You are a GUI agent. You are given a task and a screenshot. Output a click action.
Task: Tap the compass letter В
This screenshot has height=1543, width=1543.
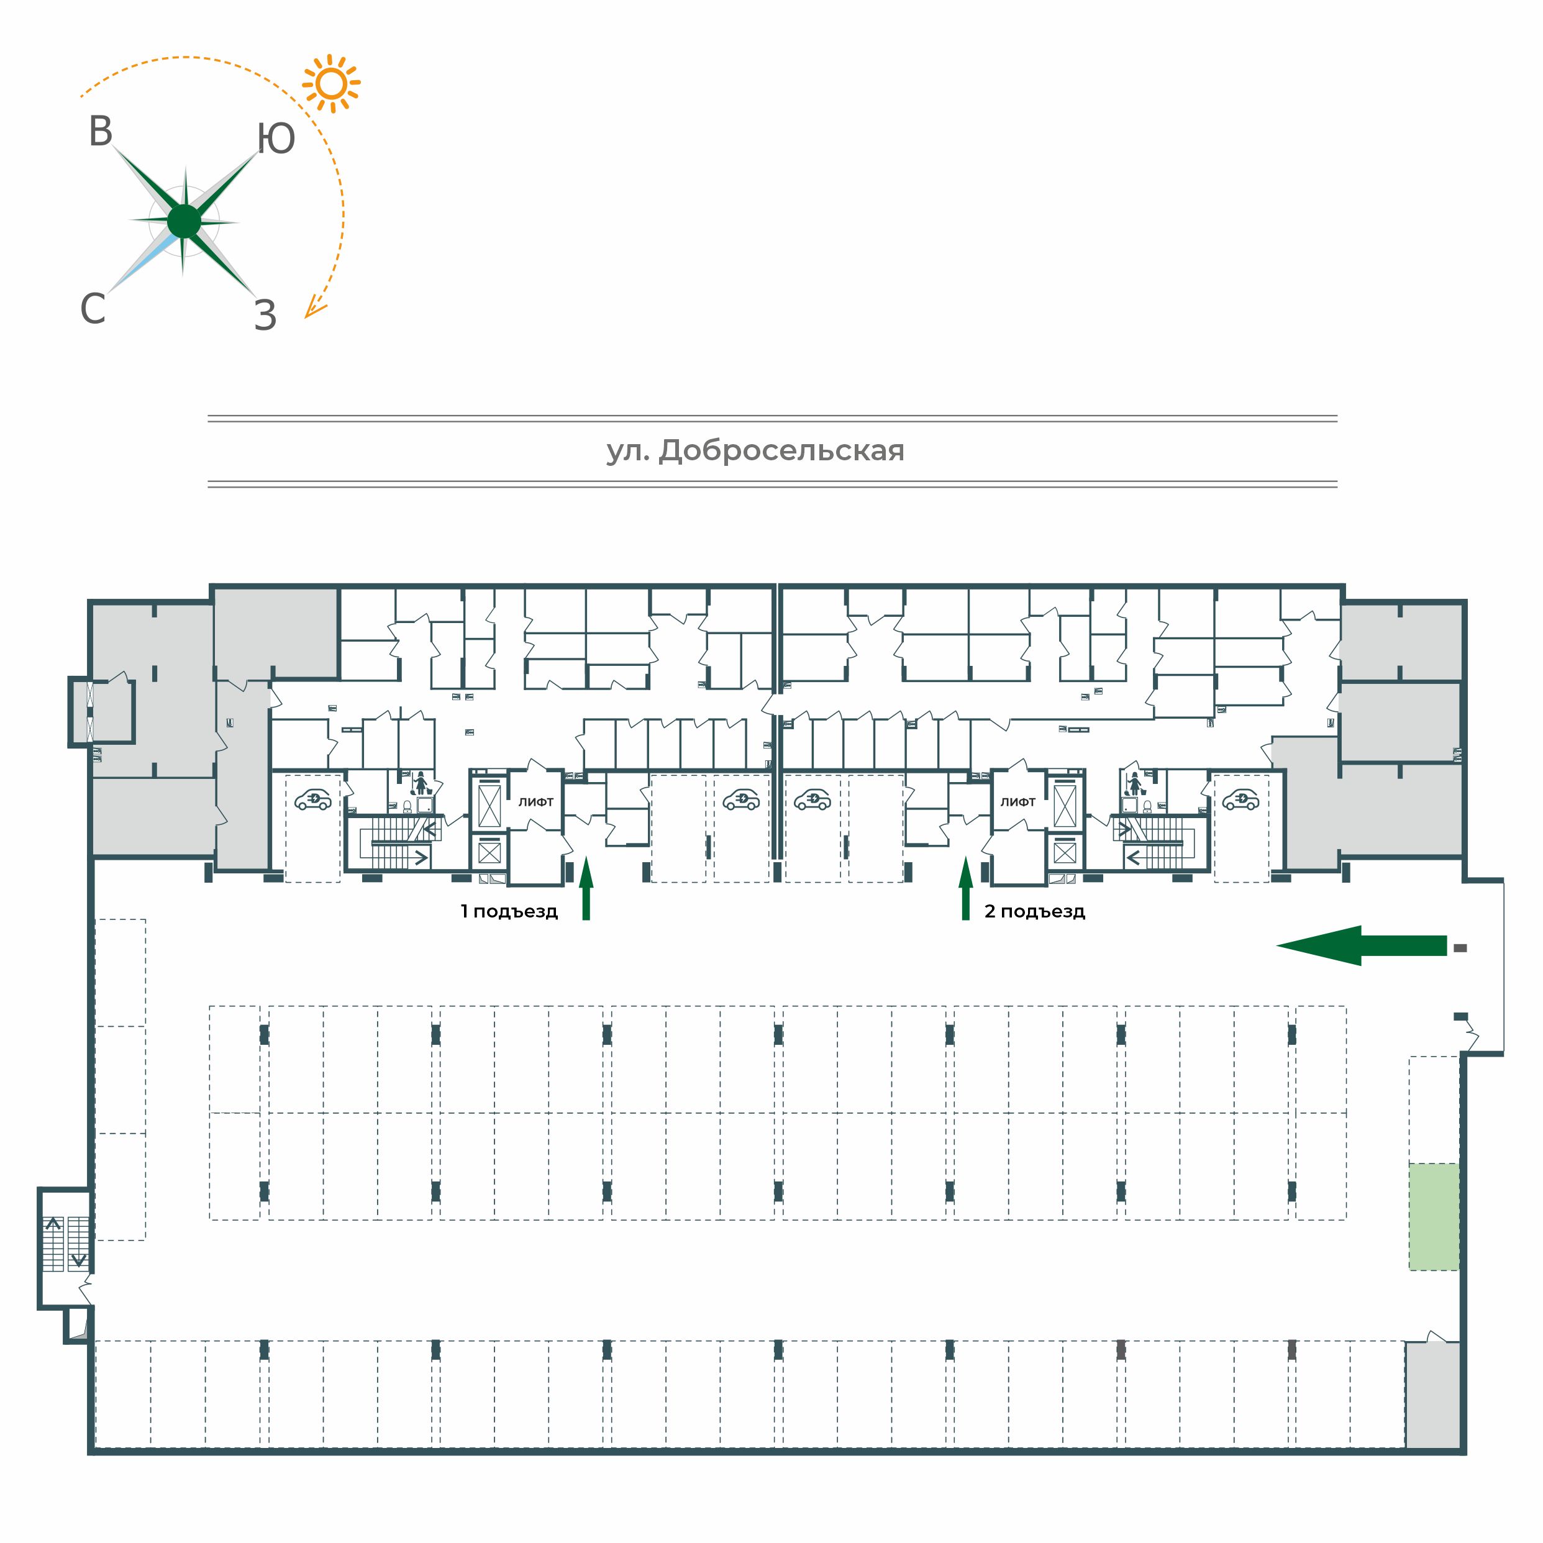coord(101,132)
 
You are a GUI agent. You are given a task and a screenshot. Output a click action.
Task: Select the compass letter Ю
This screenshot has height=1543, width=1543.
coord(276,139)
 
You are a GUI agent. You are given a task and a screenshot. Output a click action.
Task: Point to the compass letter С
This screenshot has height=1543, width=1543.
coord(93,308)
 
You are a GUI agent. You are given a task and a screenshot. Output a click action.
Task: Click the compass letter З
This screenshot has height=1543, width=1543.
coord(265,316)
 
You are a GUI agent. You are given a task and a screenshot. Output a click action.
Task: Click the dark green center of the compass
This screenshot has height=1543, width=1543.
coord(184,221)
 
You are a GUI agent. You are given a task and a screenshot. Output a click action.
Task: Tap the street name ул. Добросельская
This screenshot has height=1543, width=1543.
coord(755,451)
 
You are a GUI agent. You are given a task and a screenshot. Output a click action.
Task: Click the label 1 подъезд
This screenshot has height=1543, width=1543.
coord(509,911)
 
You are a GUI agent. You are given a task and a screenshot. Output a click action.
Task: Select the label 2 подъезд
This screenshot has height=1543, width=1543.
coord(1035,911)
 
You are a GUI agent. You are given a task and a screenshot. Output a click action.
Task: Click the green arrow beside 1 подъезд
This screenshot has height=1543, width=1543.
coord(586,888)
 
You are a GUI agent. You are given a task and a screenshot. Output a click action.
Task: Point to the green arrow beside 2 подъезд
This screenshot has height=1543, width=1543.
coord(965,888)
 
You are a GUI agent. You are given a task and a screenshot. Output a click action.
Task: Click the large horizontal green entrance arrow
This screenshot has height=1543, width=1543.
coord(1362,945)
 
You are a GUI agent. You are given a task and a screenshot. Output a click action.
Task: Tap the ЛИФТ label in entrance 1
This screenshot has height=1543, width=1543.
coord(536,802)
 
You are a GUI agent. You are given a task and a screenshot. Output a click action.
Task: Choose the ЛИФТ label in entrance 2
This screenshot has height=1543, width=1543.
coord(1018,802)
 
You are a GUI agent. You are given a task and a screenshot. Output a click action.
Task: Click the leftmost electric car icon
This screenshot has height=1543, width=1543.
coord(313,799)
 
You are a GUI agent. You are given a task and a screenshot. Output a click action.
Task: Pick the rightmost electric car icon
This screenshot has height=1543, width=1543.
coord(1241,799)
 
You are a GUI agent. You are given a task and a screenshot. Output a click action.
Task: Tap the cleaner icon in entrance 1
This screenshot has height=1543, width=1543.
coord(421,783)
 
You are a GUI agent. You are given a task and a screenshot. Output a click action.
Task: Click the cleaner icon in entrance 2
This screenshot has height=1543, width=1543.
coord(1133,783)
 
